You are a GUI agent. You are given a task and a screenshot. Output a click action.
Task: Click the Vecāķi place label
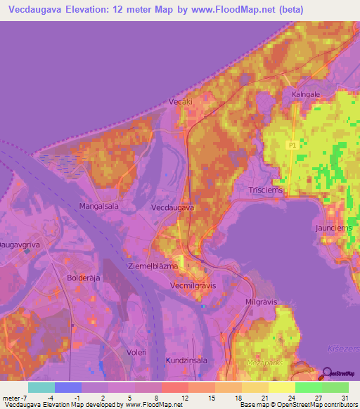pyautogui.click(x=180, y=102)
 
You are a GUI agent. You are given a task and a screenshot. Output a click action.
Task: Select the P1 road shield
pyautogui.click(x=292, y=144)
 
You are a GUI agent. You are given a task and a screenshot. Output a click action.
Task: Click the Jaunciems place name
pyautogui.click(x=329, y=228)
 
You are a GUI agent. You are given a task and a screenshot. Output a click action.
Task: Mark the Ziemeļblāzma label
pyautogui.click(x=153, y=266)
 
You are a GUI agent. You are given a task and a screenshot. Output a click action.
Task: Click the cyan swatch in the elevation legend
pyautogui.click(x=41, y=387)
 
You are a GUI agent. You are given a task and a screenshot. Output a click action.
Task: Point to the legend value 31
pyautogui.click(x=343, y=398)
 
